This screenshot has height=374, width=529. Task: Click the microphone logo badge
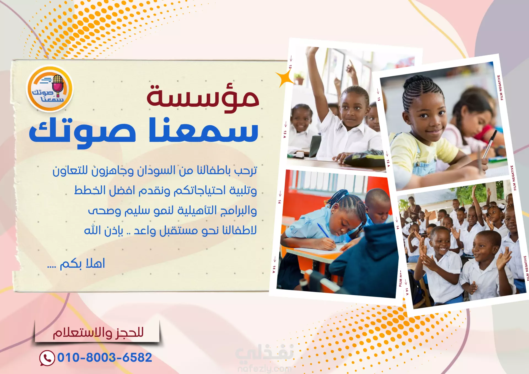50,88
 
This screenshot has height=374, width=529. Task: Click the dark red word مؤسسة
203,98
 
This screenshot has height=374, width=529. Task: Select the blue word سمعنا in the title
204,130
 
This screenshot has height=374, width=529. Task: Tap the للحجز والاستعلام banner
97,332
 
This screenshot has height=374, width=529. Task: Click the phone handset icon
47,358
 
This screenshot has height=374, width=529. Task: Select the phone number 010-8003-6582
105,357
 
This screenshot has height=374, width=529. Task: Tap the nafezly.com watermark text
264,368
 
